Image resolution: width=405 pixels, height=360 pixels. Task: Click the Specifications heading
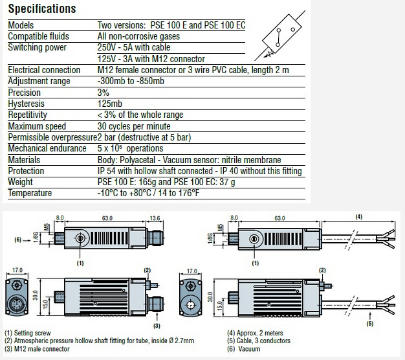pyautogui.click(x=42, y=9)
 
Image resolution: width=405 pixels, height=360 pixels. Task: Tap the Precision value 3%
pyautogui.click(x=104, y=93)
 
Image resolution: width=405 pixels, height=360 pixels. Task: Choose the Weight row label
pyautogui.click(x=21, y=182)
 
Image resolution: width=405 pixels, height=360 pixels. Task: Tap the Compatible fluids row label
pyautogui.click(x=38, y=36)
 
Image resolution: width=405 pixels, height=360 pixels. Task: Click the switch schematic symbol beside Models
pyautogui.click(x=278, y=36)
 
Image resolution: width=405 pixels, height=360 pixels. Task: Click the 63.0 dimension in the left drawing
pyautogui.click(x=107, y=218)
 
